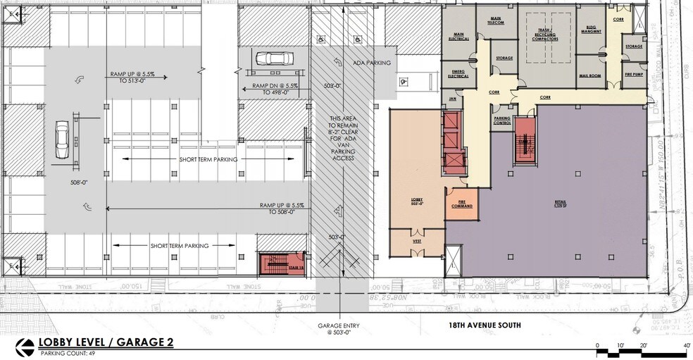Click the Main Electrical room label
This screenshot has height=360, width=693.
pos(461,37)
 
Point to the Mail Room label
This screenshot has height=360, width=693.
pos(589,75)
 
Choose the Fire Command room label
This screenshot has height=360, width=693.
pos(461,204)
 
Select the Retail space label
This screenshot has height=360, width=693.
pos(560,203)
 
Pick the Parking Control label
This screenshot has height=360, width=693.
pos(501,120)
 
